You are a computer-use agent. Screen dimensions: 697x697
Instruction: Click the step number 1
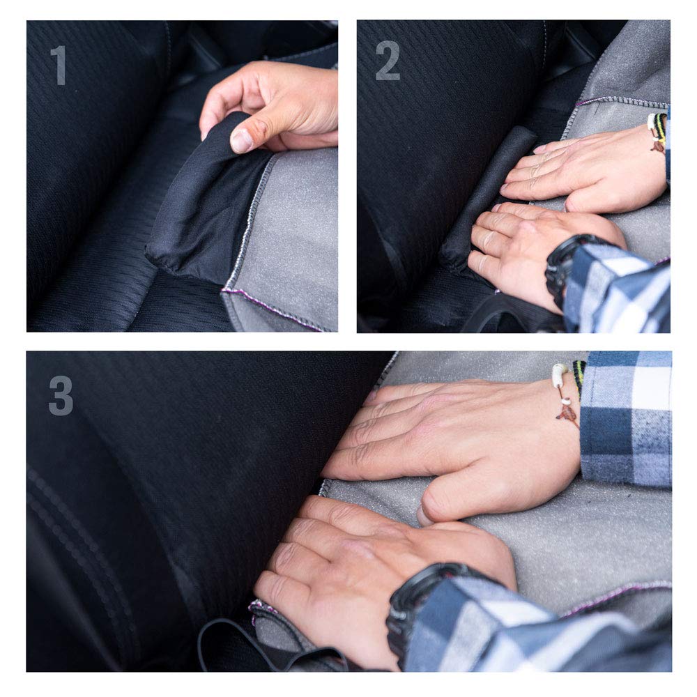59,65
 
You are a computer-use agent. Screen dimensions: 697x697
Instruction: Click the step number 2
387,61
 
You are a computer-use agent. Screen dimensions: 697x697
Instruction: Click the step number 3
61,396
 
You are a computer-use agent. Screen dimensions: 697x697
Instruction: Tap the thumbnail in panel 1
241,140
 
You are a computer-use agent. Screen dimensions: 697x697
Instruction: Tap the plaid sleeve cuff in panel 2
618,289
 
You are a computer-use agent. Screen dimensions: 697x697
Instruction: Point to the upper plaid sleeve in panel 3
626,418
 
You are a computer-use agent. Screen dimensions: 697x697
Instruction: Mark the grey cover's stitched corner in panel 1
224,290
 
